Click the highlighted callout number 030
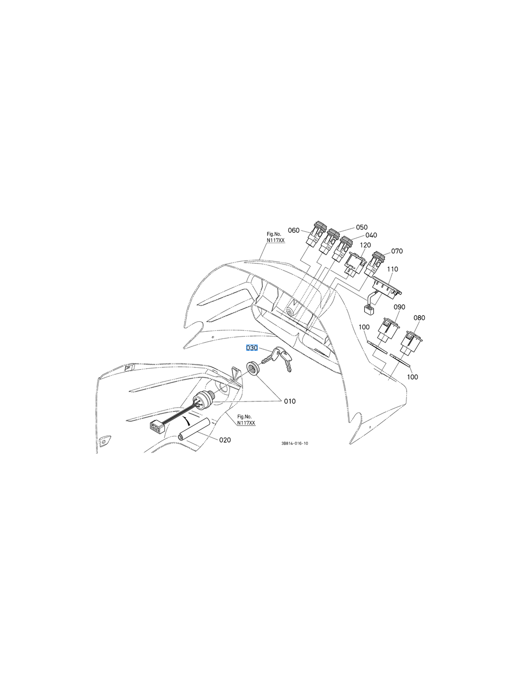point(252,348)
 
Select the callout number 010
point(290,401)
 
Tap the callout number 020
point(225,440)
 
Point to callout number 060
point(294,230)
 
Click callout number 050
point(362,228)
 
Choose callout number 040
point(371,235)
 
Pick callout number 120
point(365,245)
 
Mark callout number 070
point(397,251)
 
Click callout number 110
point(393,269)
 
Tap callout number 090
point(399,307)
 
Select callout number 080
point(419,318)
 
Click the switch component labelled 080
point(410,343)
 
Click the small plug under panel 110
point(368,310)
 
